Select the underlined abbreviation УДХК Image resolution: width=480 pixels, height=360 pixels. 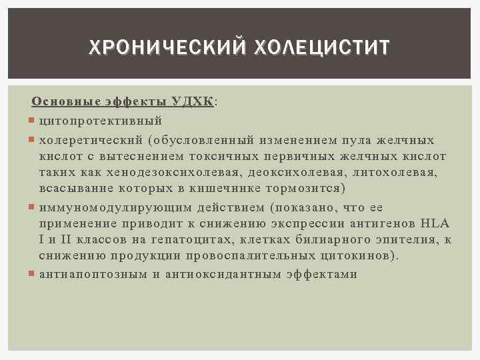point(192,102)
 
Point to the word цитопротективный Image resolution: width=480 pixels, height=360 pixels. point(101,121)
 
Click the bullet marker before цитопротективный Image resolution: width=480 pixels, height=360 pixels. point(33,121)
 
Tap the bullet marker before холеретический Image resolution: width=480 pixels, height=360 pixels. point(33,141)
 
